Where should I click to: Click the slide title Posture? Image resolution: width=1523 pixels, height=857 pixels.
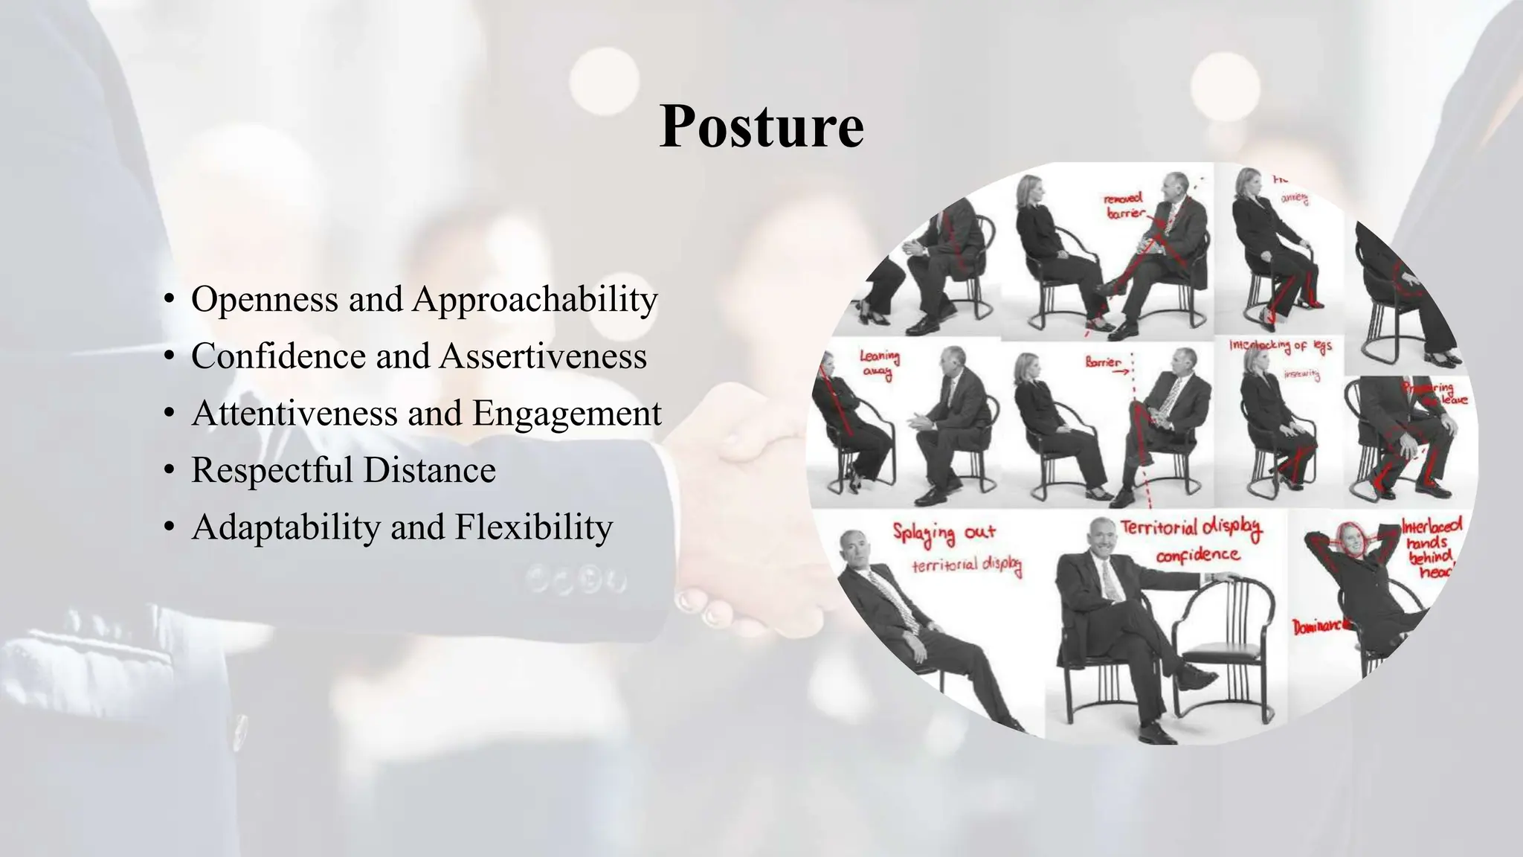pyautogui.click(x=761, y=127)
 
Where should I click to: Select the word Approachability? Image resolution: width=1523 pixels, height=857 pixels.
pyautogui.click(x=535, y=301)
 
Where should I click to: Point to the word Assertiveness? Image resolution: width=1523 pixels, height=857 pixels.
pyautogui.click(x=543, y=356)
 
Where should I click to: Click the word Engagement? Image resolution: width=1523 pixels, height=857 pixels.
pyautogui.click(x=567, y=414)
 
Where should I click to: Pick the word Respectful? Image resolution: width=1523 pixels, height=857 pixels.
pyautogui.click(x=272, y=470)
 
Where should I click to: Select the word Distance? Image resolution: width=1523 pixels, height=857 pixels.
pyautogui.click(x=430, y=470)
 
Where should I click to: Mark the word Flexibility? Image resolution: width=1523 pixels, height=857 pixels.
pyautogui.click(x=534, y=527)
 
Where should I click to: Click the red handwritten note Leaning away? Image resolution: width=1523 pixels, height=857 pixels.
pyautogui.click(x=879, y=365)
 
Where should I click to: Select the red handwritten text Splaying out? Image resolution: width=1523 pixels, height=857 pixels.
pyautogui.click(x=944, y=533)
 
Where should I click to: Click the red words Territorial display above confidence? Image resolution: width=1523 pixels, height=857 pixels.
pyautogui.click(x=1191, y=528)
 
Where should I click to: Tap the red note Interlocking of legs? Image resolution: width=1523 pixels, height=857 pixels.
pyautogui.click(x=1280, y=347)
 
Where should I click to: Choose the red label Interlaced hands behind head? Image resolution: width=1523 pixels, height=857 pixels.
pyautogui.click(x=1432, y=548)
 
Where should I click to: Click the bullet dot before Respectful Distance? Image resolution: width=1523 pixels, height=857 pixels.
pyautogui.click(x=170, y=471)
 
